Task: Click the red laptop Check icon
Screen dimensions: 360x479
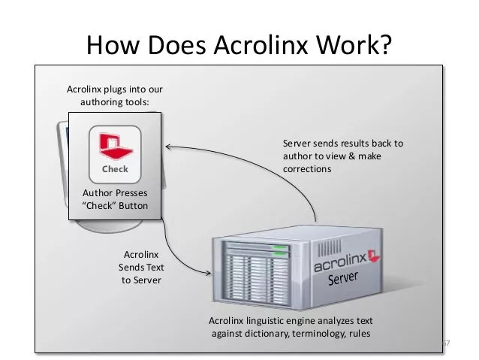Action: pyautogui.click(x=115, y=144)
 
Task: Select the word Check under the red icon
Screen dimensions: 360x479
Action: pyautogui.click(x=115, y=169)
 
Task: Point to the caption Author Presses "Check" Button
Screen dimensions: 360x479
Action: pyautogui.click(x=115, y=199)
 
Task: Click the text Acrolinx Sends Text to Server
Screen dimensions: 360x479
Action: pyautogui.click(x=141, y=267)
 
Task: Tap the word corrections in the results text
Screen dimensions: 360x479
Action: pyautogui.click(x=306, y=170)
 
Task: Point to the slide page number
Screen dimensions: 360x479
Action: pyautogui.click(x=444, y=343)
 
